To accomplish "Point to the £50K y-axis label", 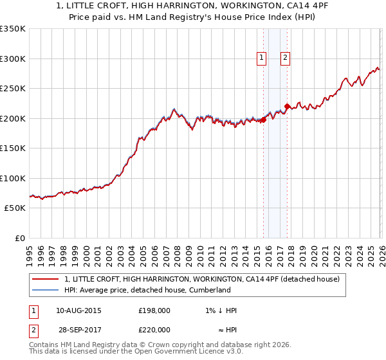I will pos(14,208).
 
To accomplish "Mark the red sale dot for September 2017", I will pos(287,106).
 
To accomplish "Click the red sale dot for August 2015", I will pos(263,120).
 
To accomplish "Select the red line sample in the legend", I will pos(46,279).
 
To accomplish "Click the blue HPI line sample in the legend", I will pos(46,291).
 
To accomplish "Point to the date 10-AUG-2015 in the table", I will pos(78,310).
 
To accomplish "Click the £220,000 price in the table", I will pos(154,329).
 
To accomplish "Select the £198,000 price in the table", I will pos(154,310).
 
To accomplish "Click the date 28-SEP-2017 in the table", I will pos(78,329).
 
